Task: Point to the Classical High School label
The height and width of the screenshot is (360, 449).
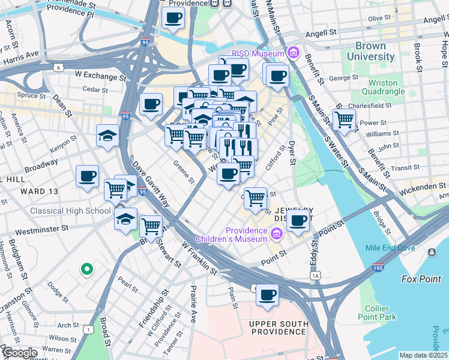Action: (x=71, y=211)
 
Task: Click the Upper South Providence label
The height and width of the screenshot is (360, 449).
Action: (x=278, y=328)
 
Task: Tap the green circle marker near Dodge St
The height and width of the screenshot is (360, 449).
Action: (x=87, y=269)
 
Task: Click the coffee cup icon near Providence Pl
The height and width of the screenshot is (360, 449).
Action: (x=173, y=18)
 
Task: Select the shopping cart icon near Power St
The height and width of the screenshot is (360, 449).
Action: (x=344, y=119)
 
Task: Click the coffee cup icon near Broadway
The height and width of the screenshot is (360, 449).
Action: (x=88, y=176)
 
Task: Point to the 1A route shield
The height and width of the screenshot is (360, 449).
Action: (x=315, y=275)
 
